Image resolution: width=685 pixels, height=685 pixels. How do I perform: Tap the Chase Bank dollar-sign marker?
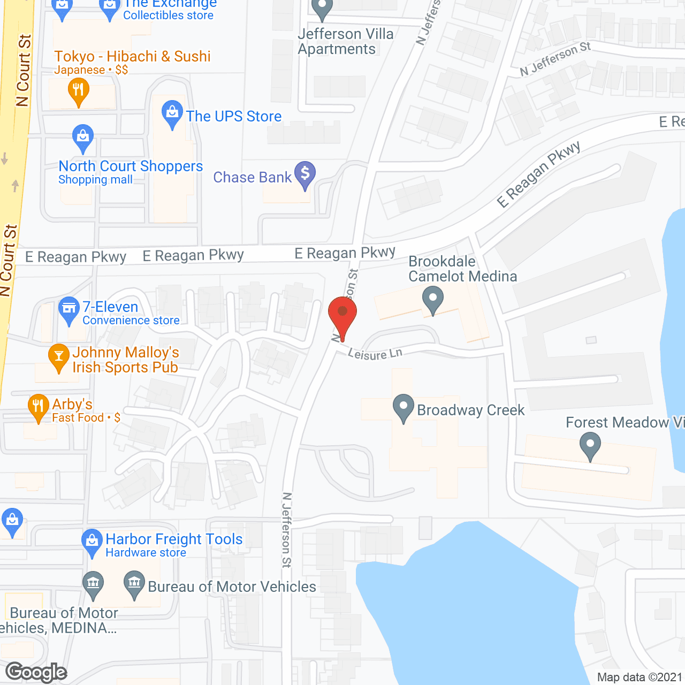[305, 174]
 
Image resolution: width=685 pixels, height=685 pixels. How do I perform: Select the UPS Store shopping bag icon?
[172, 113]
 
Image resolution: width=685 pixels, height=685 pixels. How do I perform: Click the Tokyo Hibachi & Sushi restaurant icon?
[79, 90]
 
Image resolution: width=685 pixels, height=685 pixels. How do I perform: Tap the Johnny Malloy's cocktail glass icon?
[58, 356]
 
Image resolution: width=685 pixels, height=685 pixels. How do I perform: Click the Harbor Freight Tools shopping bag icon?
[92, 542]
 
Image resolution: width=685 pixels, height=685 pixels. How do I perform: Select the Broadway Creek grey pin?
[404, 408]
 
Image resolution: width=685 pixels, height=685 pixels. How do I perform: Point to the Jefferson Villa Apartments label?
[345, 41]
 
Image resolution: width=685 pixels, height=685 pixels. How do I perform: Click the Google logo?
[36, 672]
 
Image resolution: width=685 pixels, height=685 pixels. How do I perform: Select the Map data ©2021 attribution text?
[640, 677]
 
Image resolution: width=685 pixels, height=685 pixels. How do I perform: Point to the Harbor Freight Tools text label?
[174, 539]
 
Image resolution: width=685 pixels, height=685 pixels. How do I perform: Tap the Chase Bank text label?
[252, 177]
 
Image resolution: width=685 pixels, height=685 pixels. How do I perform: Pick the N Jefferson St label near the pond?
[287, 530]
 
